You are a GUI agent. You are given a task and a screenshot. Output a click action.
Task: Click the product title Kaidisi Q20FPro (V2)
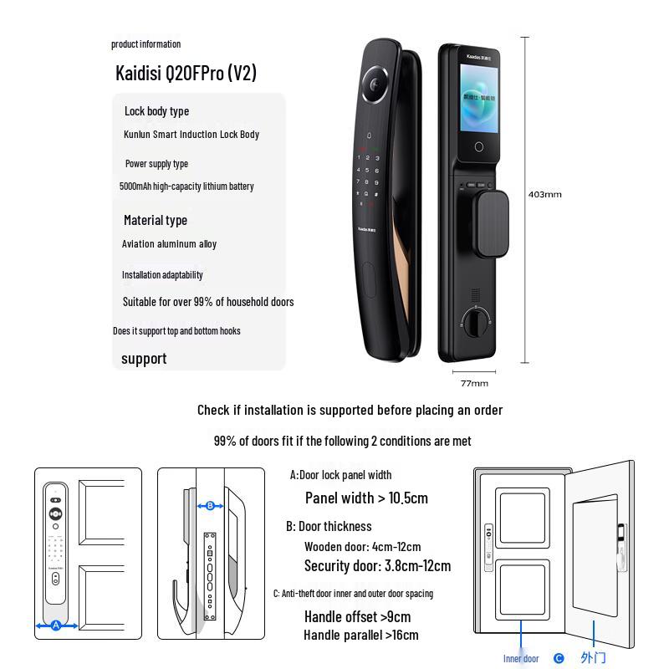click(x=186, y=73)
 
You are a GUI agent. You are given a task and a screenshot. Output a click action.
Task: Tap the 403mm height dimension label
click(x=544, y=195)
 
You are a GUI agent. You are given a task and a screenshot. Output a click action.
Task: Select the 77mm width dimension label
click(x=474, y=383)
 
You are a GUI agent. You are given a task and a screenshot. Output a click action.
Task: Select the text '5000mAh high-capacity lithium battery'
click(x=186, y=186)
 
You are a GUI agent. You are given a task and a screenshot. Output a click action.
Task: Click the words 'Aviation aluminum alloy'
click(x=169, y=244)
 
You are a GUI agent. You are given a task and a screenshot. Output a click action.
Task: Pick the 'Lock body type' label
click(x=156, y=111)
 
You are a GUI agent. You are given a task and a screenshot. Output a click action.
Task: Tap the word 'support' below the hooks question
click(x=144, y=359)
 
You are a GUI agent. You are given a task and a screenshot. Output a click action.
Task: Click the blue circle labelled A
click(x=56, y=626)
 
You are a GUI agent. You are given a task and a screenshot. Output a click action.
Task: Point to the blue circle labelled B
click(x=210, y=505)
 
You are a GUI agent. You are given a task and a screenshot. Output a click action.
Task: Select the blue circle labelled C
click(x=559, y=658)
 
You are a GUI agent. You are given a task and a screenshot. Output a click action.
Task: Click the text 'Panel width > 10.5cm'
click(x=366, y=498)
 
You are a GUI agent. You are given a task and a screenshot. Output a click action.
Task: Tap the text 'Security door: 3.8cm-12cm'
click(x=377, y=566)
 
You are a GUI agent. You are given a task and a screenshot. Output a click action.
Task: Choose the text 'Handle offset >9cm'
click(x=357, y=617)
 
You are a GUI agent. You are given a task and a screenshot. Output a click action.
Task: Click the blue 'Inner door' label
click(x=521, y=658)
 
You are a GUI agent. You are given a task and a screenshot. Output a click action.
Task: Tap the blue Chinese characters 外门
click(x=593, y=658)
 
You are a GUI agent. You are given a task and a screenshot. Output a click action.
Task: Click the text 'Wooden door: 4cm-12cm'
click(x=362, y=547)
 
